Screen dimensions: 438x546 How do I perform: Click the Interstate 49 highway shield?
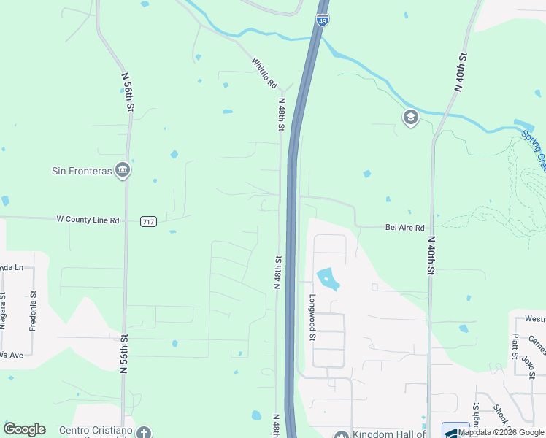click(x=323, y=19)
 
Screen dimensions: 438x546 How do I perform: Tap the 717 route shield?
click(x=149, y=220)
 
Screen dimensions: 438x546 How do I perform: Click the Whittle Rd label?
click(x=264, y=74)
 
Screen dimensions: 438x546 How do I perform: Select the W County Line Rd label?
click(x=88, y=219)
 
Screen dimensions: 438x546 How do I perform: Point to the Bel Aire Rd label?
click(x=404, y=228)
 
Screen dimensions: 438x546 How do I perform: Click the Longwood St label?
click(x=312, y=318)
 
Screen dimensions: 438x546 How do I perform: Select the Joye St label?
click(x=526, y=363)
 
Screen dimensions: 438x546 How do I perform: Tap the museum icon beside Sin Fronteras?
click(x=123, y=170)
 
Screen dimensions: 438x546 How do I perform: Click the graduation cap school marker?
click(x=411, y=118)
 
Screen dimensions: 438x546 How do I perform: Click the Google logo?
click(x=24, y=429)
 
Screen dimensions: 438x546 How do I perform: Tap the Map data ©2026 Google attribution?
click(x=501, y=432)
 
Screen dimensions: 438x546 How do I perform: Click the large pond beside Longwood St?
click(x=328, y=278)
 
